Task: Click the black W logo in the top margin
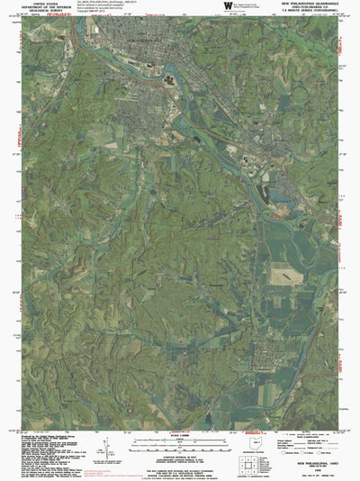228,6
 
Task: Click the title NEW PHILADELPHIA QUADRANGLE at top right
310,3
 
